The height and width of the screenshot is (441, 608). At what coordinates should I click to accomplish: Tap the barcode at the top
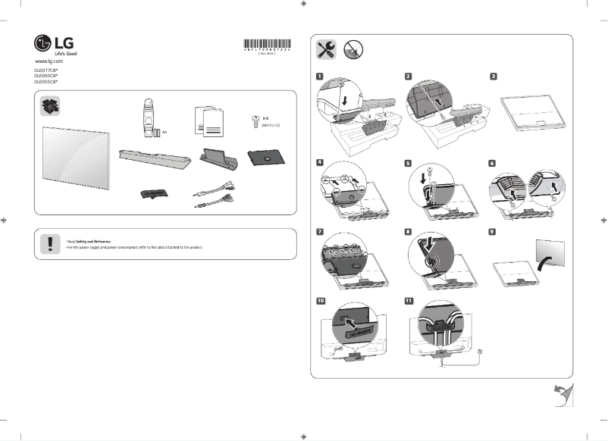(270, 42)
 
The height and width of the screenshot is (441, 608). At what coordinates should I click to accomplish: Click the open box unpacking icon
(51, 107)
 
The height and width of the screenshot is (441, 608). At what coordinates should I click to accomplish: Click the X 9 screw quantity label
(266, 119)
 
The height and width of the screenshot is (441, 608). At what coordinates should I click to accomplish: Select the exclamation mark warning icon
(51, 242)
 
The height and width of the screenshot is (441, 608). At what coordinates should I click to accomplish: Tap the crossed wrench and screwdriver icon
(327, 49)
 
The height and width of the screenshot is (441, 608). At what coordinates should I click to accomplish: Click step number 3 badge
(494, 77)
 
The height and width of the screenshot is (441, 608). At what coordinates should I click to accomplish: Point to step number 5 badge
(408, 162)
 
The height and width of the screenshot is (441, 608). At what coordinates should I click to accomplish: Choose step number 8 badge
(408, 232)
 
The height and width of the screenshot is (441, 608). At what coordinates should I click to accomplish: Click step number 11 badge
(409, 300)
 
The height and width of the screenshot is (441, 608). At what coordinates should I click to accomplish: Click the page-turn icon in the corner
(563, 393)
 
